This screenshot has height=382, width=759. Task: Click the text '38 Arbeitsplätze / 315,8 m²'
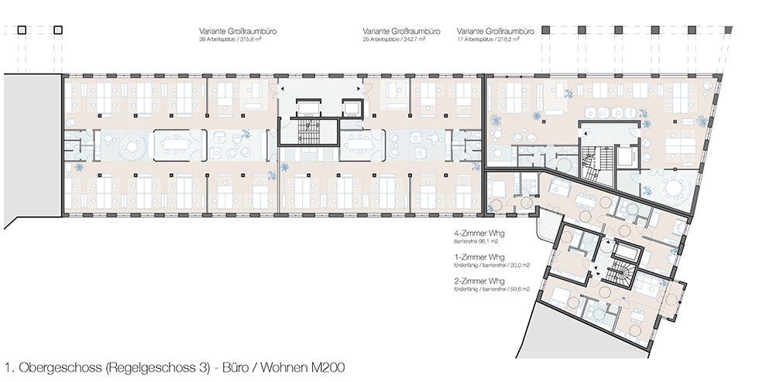(x=230, y=39)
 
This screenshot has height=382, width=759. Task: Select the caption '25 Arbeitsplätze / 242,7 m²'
(x=394, y=39)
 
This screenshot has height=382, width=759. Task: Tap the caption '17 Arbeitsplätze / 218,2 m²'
(x=488, y=39)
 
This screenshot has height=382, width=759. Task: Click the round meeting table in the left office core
(x=132, y=145)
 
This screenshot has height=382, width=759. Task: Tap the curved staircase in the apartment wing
(x=622, y=275)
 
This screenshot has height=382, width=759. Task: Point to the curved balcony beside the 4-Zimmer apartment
(x=548, y=225)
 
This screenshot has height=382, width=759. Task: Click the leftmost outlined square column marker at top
(x=22, y=30)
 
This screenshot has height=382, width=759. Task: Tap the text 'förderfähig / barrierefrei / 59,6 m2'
(x=491, y=289)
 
